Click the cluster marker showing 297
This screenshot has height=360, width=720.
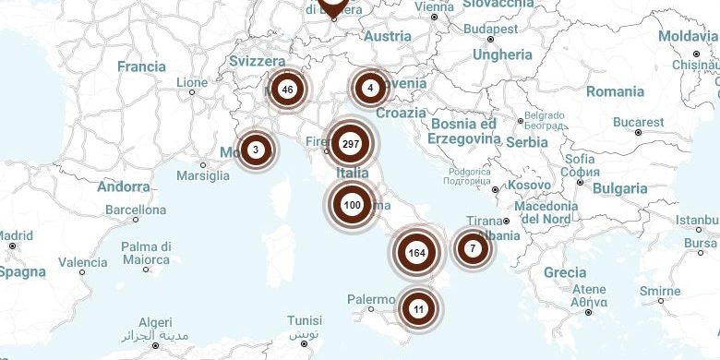[x=351, y=144]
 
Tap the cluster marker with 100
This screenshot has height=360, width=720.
[x=352, y=204]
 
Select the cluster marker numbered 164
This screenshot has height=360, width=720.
[x=415, y=252]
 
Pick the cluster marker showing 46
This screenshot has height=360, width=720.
[x=288, y=90]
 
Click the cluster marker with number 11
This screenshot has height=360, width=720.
[x=419, y=308]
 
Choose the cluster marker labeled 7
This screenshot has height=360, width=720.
[x=473, y=247]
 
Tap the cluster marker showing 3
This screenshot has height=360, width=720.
[x=256, y=149]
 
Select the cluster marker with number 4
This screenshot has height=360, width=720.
[x=370, y=89]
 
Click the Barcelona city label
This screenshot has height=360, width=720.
[x=136, y=209]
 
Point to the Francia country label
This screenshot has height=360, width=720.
[x=141, y=66]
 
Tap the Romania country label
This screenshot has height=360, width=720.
[x=615, y=91]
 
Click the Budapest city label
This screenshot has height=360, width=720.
[x=491, y=29]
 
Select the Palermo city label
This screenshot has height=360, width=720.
[x=371, y=299]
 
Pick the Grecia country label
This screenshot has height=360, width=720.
[x=564, y=272]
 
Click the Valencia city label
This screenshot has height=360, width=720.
[x=83, y=262]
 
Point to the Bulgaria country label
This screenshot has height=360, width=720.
[x=620, y=188]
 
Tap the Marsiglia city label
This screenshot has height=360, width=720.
[x=203, y=176]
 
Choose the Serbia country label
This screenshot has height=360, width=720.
[x=526, y=142]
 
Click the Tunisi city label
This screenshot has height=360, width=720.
[x=305, y=321]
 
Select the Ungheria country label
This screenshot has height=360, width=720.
[x=503, y=54]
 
